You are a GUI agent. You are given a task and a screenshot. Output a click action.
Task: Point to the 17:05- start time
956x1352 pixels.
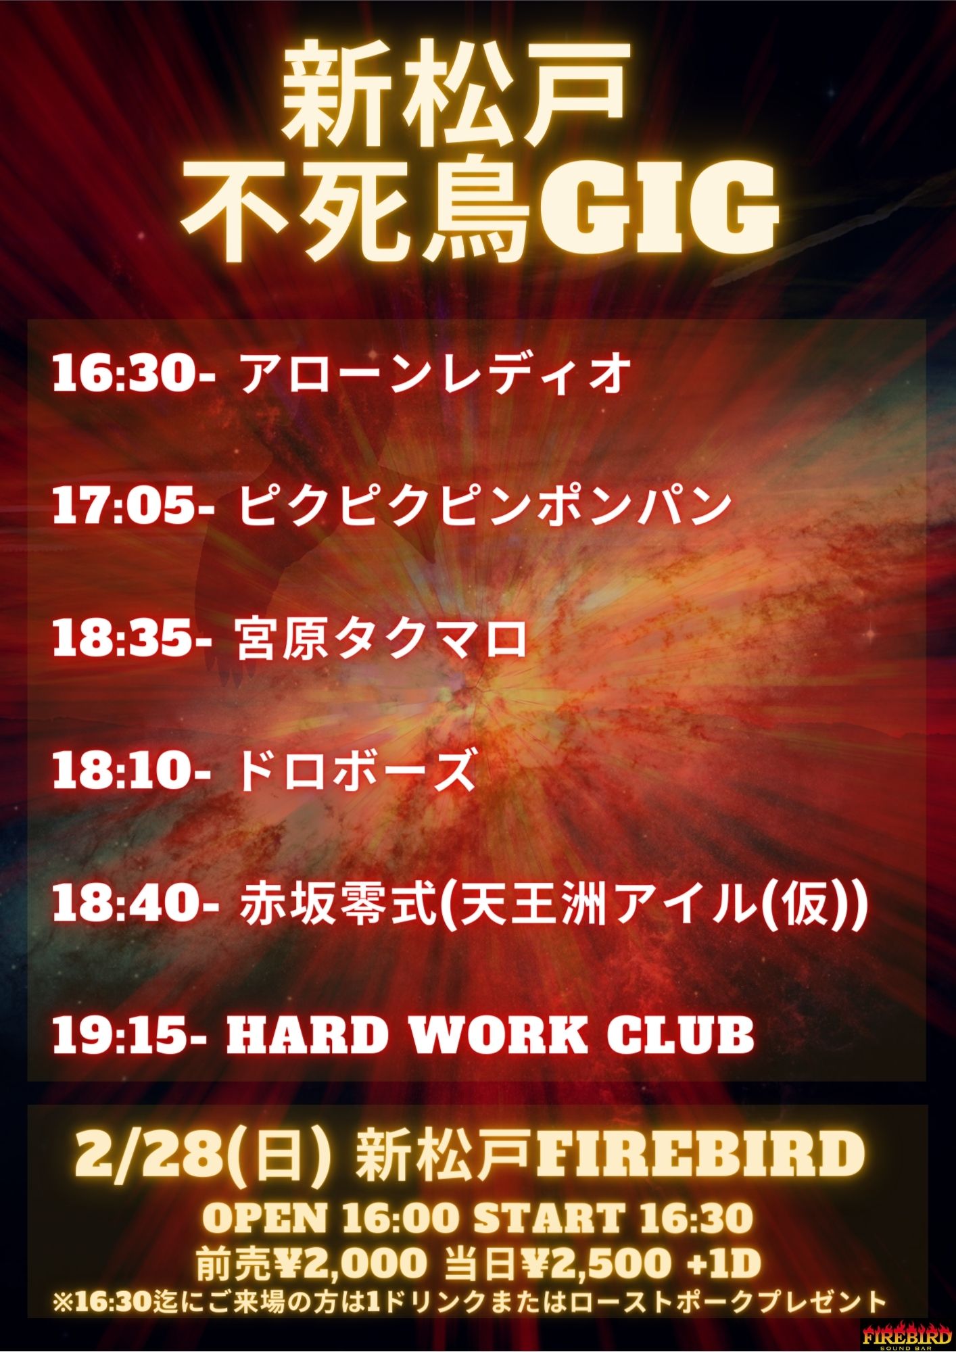pyautogui.click(x=133, y=505)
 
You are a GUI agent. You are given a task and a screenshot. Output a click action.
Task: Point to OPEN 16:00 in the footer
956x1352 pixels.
pyautogui.click(x=331, y=1219)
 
